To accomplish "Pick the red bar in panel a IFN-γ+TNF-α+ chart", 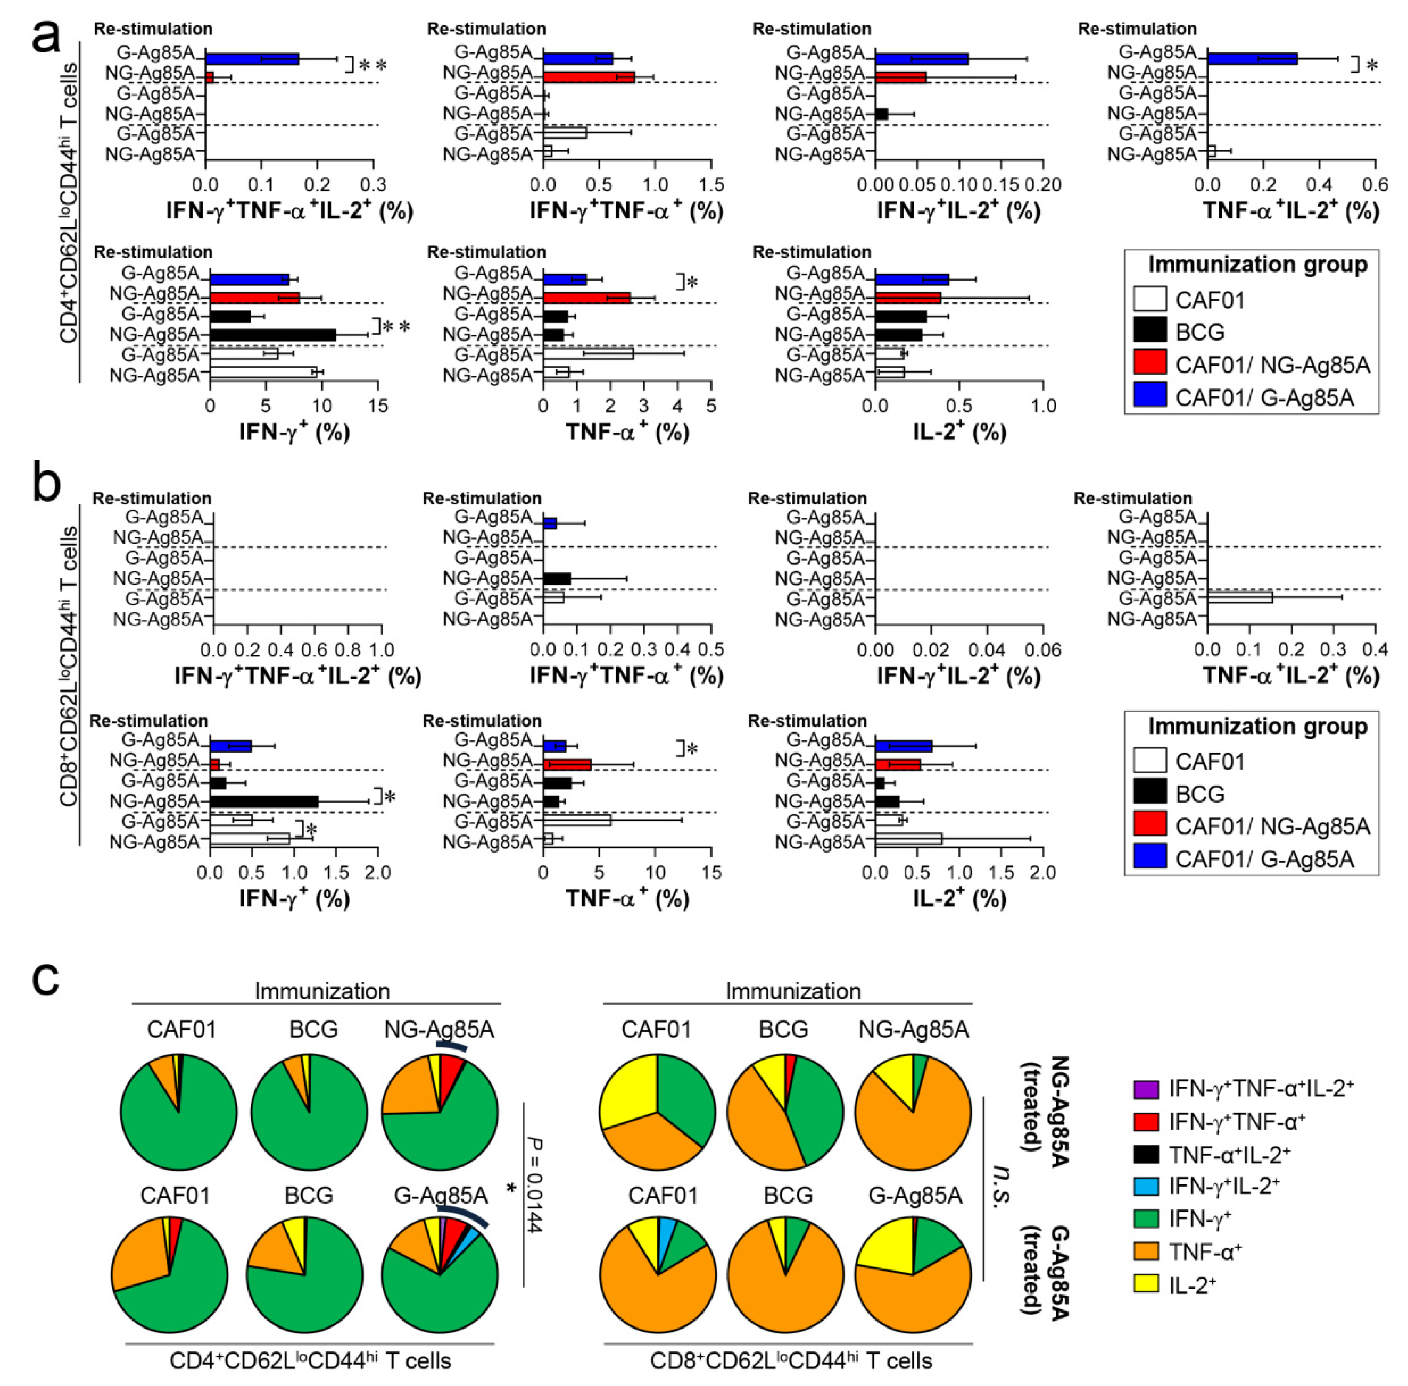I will [588, 77].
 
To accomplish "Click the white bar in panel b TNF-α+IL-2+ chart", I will [1240, 597].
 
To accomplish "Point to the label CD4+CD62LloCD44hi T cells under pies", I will [310, 1360].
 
